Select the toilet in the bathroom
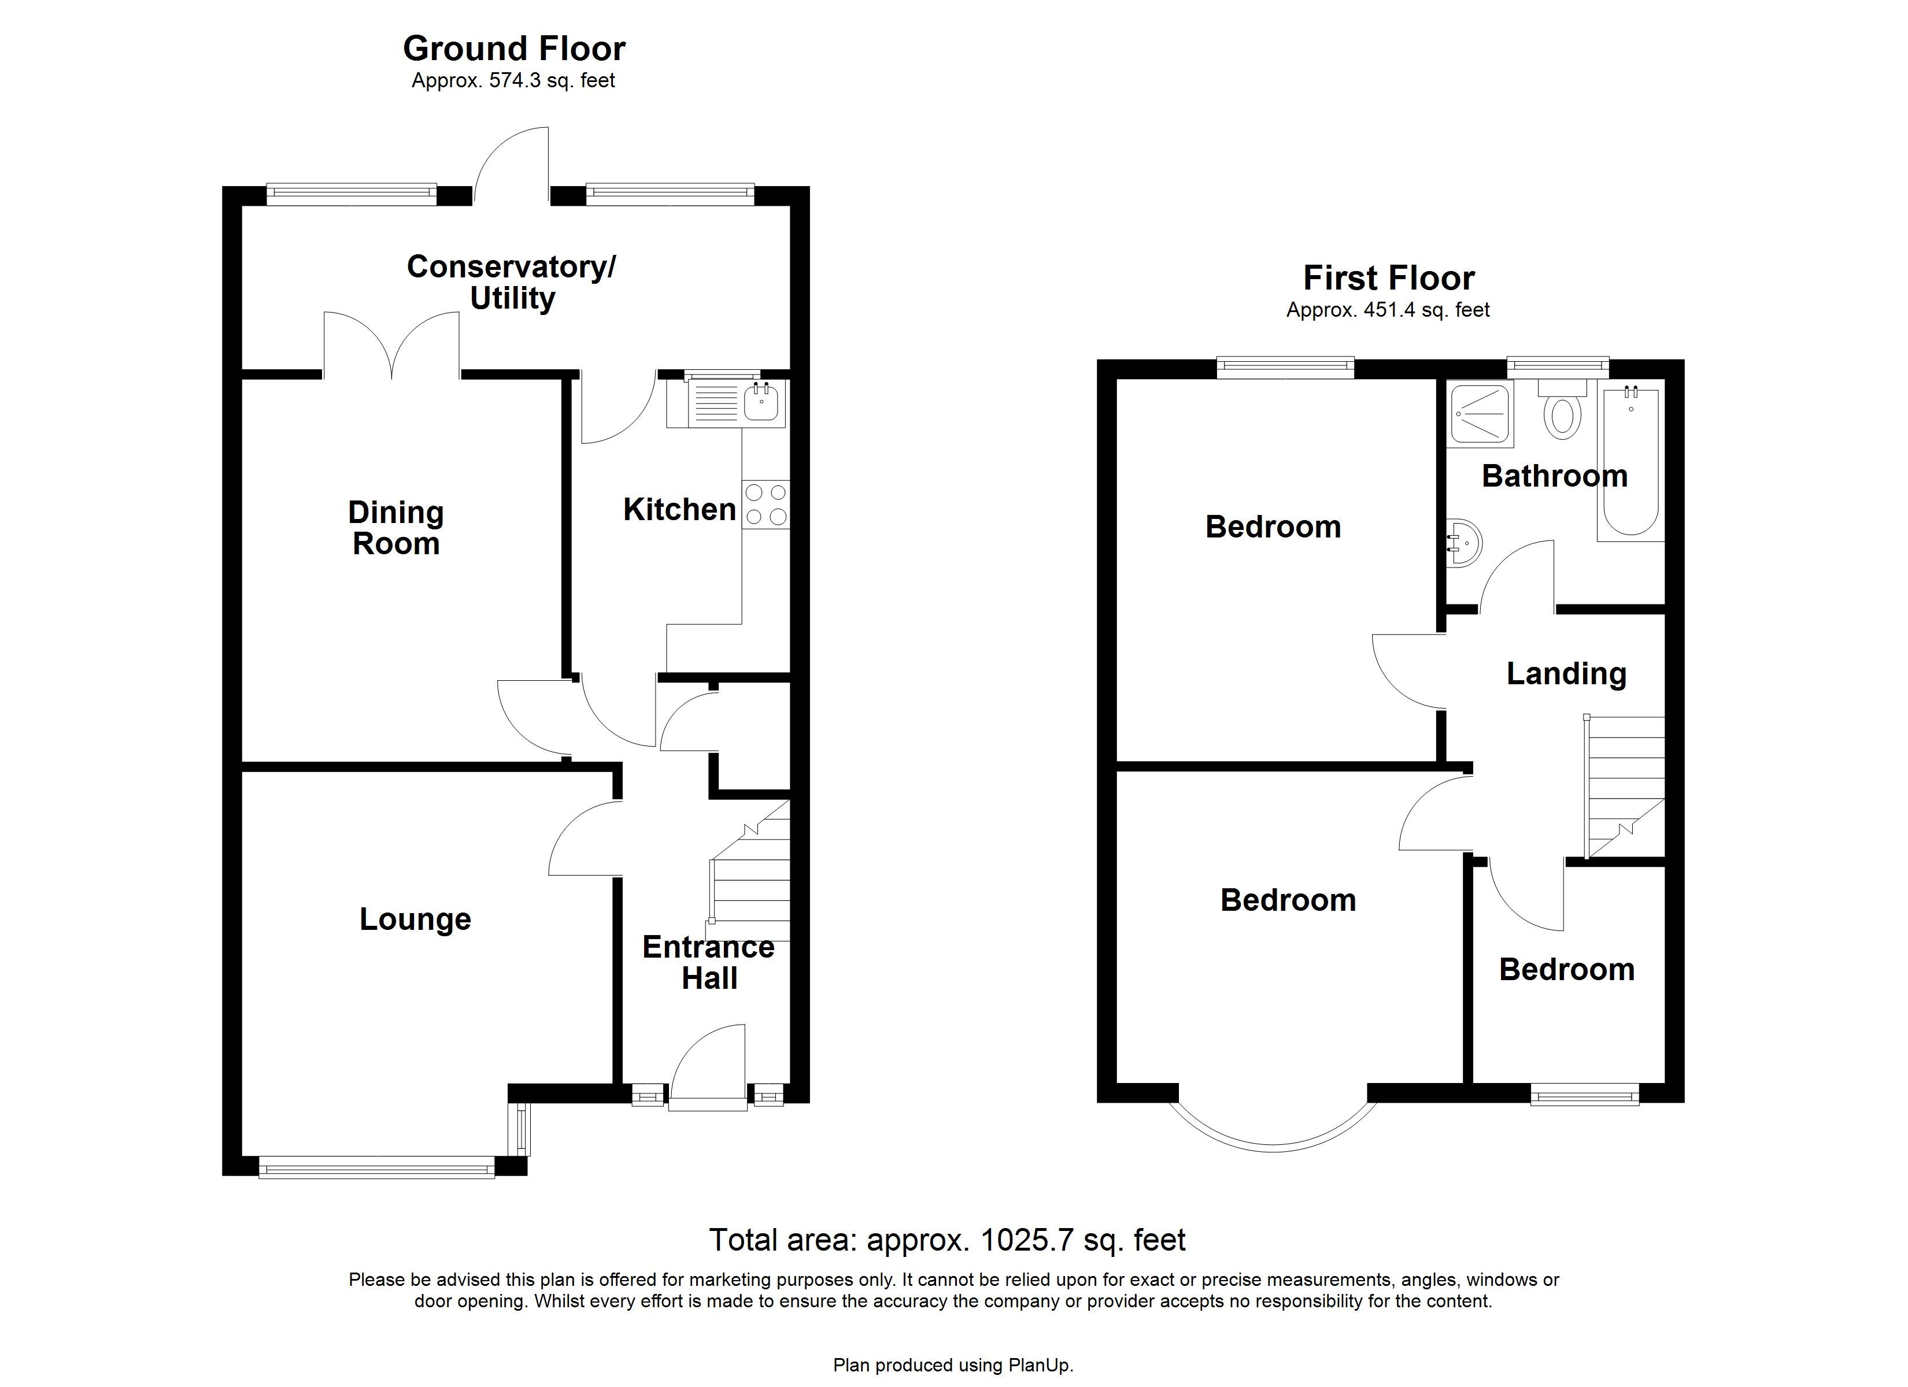point(1562,412)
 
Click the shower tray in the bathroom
point(1481,414)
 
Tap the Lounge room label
point(415,919)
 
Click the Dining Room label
point(395,528)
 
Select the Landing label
point(1566,674)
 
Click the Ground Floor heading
point(514,49)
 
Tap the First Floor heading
point(1388,279)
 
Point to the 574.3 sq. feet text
point(513,81)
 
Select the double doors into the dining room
point(392,345)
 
